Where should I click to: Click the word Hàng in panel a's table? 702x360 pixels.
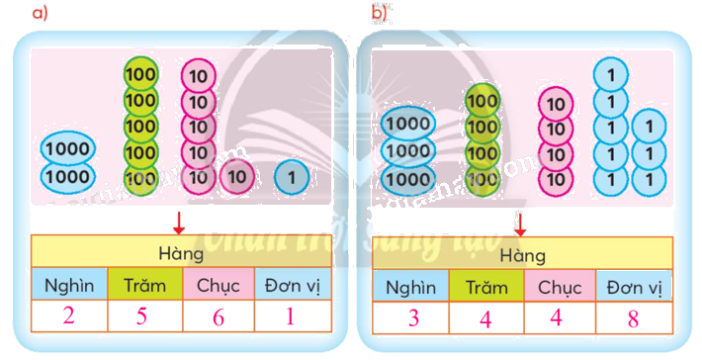click(x=180, y=253)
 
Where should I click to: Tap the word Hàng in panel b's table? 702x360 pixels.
click(x=522, y=255)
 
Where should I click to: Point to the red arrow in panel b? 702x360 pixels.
click(x=520, y=222)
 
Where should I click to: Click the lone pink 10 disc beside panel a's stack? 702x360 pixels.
click(x=236, y=176)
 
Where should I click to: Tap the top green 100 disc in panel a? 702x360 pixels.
click(x=141, y=75)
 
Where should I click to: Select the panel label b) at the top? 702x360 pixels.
click(x=380, y=12)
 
